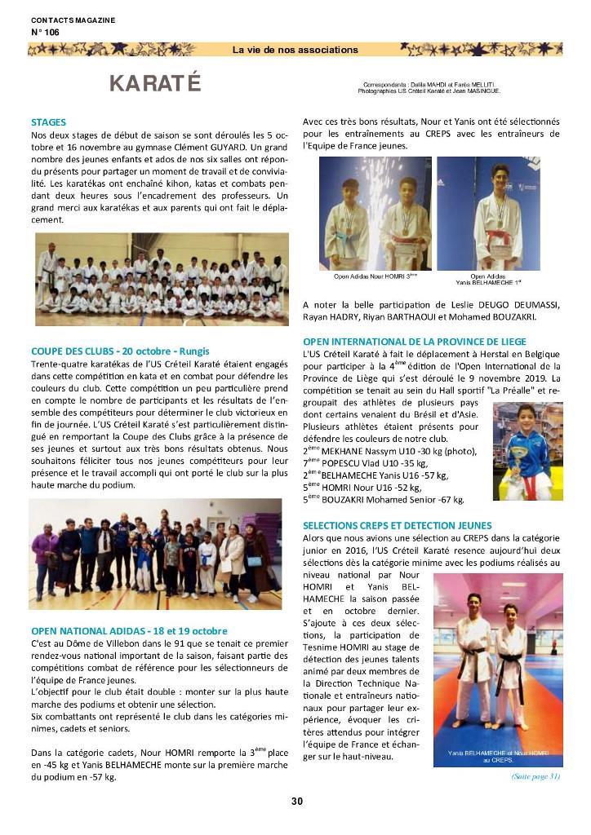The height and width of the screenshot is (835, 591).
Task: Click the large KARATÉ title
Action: point(154,84)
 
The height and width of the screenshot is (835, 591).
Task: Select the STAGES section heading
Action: point(48,122)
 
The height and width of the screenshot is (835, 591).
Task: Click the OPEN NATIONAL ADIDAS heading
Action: point(129,630)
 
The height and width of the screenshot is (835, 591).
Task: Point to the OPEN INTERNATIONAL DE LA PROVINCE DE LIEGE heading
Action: point(415,342)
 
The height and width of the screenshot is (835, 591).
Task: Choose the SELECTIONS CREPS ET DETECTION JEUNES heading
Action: point(398,526)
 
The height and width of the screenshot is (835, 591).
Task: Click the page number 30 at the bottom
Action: point(296,802)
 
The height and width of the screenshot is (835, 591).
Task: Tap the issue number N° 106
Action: point(45,32)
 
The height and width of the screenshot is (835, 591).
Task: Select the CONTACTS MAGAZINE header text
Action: point(73,20)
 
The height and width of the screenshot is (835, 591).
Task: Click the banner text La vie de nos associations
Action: point(295,50)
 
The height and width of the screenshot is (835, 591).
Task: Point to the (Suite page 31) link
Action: point(535,776)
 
